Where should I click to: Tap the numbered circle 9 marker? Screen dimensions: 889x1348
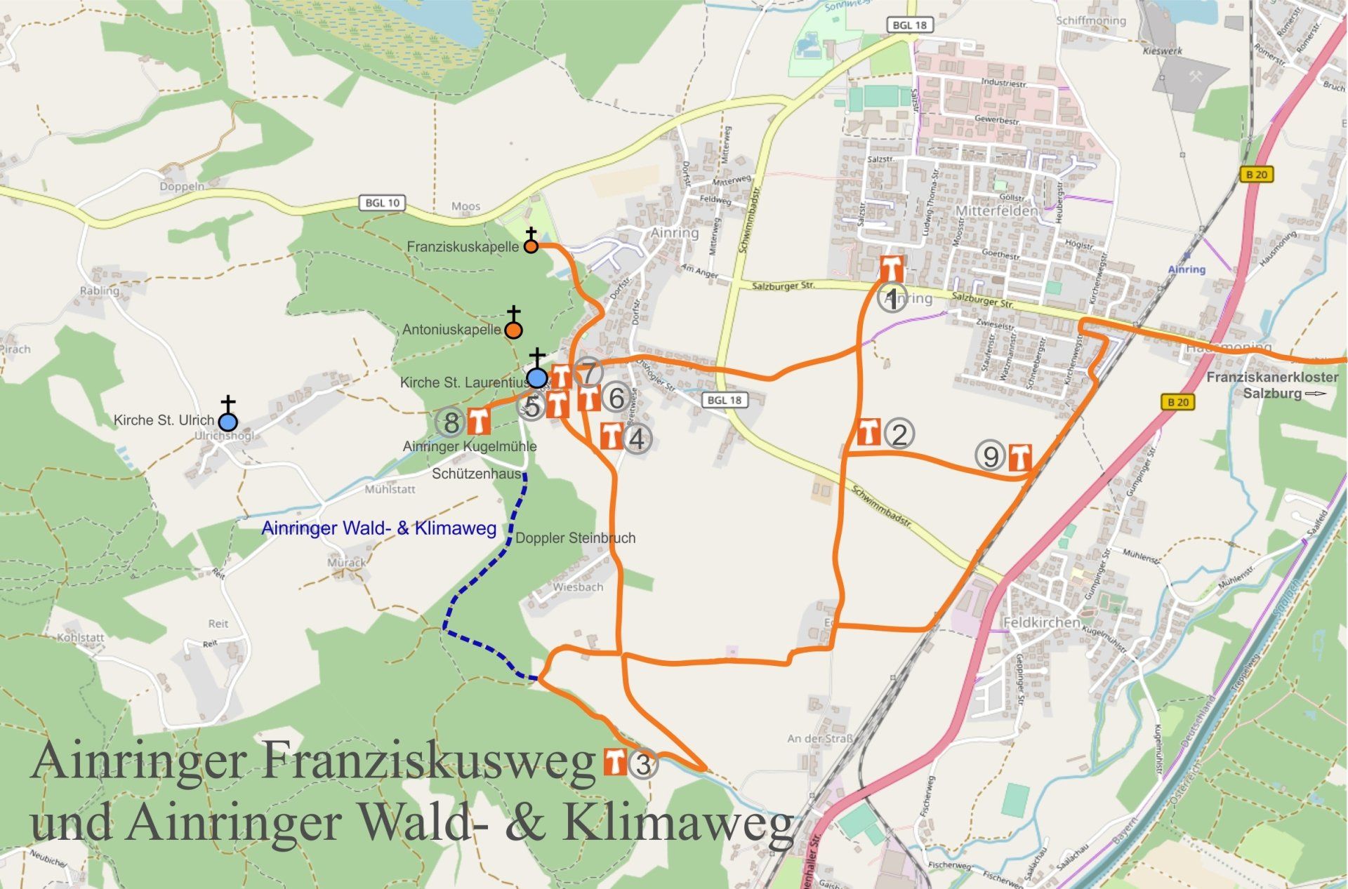tap(990, 457)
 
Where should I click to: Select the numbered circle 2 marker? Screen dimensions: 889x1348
tap(899, 434)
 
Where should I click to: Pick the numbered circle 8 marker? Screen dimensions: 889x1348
tap(451, 422)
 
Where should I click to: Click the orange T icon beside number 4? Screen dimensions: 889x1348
tap(612, 436)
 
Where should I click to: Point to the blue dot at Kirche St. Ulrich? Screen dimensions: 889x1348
tap(227, 422)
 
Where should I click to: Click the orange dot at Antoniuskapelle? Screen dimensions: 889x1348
tap(514, 330)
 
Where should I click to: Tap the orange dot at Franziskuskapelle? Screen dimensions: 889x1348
tap(531, 246)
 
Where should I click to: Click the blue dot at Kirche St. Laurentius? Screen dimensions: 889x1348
tap(537, 378)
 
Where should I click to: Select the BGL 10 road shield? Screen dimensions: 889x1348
tap(382, 203)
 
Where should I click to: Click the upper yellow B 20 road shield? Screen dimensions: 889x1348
tap(1256, 174)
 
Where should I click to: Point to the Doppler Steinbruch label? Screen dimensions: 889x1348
tap(575, 538)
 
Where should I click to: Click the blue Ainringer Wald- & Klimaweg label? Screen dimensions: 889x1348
tap(378, 528)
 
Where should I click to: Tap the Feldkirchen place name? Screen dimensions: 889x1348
tap(1041, 622)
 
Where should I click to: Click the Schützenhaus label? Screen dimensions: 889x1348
tap(476, 474)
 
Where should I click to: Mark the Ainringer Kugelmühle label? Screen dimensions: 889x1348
tap(469, 446)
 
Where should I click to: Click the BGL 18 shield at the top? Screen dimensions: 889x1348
tap(910, 25)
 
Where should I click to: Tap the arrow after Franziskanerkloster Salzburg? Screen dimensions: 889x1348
tap(1315, 394)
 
